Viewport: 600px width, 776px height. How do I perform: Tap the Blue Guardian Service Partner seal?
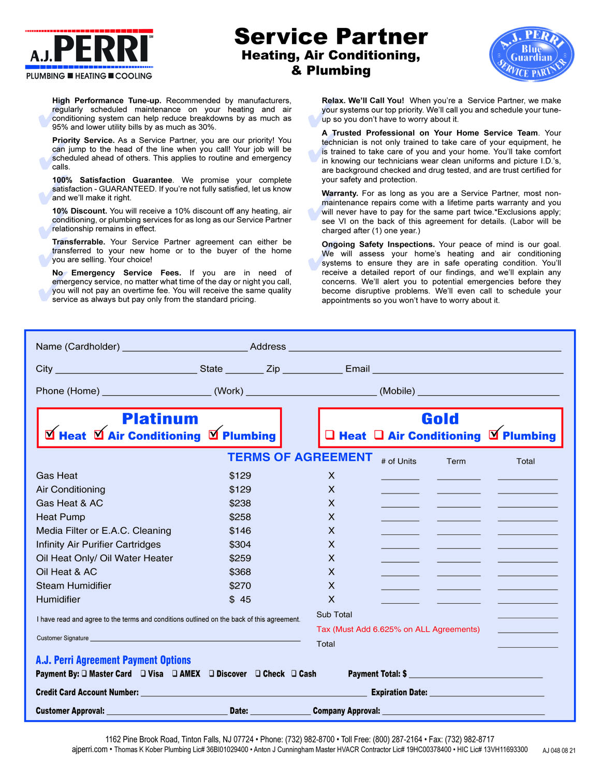(531, 54)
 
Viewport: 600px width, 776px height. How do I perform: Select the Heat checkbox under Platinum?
(50, 435)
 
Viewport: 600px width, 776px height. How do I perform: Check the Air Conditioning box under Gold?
(379, 435)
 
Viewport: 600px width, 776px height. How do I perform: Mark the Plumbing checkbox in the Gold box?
(494, 435)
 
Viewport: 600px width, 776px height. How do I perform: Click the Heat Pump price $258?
(240, 517)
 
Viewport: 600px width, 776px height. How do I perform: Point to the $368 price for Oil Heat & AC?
(240, 572)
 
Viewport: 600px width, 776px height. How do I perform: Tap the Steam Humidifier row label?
(74, 586)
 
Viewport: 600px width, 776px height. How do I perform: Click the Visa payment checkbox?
(143, 674)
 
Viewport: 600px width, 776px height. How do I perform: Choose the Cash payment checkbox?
(294, 674)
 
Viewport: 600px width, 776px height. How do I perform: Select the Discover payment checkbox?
(212, 674)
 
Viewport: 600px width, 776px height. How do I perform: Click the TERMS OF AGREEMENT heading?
(300, 457)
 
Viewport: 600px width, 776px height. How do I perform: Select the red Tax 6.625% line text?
(398, 629)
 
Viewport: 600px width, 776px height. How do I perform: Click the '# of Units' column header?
(399, 461)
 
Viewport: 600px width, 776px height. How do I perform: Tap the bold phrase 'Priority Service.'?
(83, 140)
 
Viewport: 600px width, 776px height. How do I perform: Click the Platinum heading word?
(160, 419)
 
